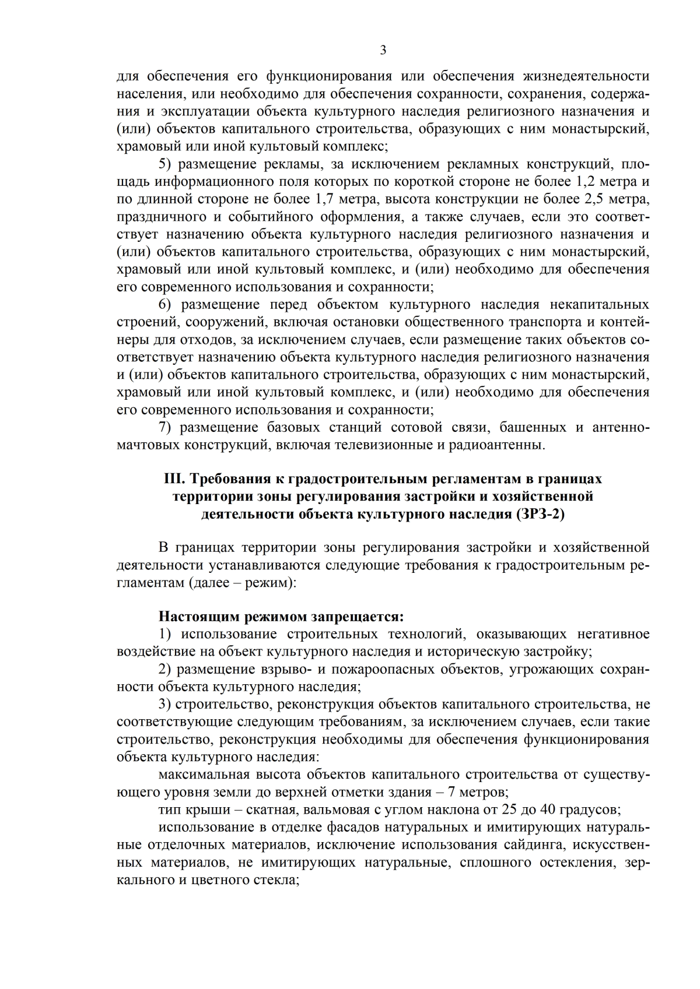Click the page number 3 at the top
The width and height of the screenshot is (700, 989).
pos(383,50)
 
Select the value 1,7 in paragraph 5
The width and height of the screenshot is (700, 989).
pos(325,199)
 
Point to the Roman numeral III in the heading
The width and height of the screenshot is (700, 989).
pos(173,479)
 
